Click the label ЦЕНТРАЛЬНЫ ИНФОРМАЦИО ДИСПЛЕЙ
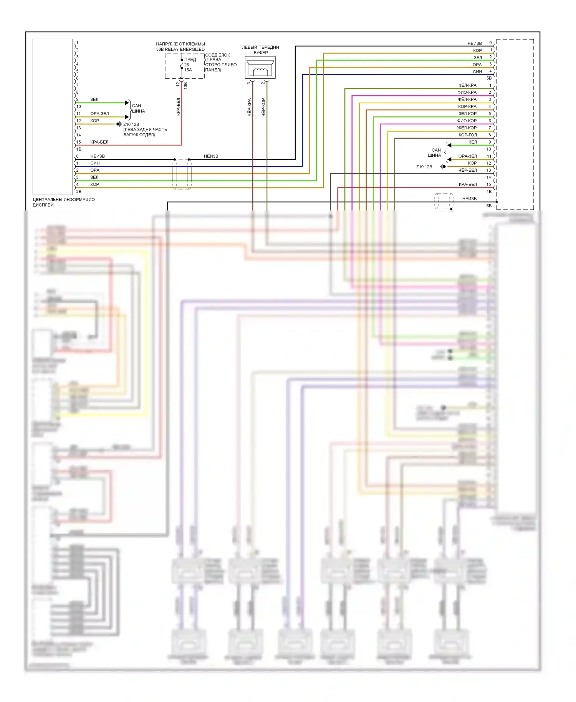pyautogui.click(x=63, y=202)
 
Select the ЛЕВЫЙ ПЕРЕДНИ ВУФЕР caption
pyautogui.click(x=260, y=50)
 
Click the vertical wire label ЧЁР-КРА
pyautogui.click(x=249, y=107)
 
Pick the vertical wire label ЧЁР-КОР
pyautogui.click(x=263, y=107)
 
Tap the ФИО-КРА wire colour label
pyautogui.click(x=467, y=92)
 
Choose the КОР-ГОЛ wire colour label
pyautogui.click(x=467, y=135)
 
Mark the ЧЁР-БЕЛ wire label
pyautogui.click(x=467, y=170)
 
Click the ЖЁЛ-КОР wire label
pyautogui.click(x=467, y=127)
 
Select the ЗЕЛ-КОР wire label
pyautogui.click(x=467, y=114)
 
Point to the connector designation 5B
pyautogui.click(x=489, y=78)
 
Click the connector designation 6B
pyautogui.click(x=489, y=205)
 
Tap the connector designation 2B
pyautogui.click(x=79, y=191)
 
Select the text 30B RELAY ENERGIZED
pyautogui.click(x=180, y=49)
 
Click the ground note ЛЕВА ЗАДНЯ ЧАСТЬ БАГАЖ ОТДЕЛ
pyautogui.click(x=145, y=132)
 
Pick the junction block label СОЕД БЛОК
pyautogui.click(x=217, y=55)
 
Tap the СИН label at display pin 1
pyautogui.click(x=95, y=163)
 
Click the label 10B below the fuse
pyautogui.click(x=185, y=85)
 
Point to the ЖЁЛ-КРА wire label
pyautogui.click(x=467, y=99)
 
